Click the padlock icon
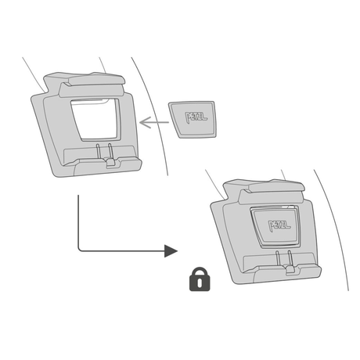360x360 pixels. tap(200, 279)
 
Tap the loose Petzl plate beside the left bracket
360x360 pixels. tap(193, 119)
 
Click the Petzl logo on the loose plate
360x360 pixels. tap(196, 117)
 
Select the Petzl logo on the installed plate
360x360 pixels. tap(279, 225)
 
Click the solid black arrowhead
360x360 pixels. tap(171, 251)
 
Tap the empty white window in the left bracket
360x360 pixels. tap(95, 119)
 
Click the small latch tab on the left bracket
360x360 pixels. tap(110, 162)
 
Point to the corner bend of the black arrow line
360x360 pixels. tap(79, 250)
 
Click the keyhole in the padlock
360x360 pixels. tap(200, 283)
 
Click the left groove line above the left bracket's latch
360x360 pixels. tap(98, 151)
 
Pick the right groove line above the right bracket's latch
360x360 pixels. tap(290, 257)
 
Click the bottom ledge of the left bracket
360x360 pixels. tap(104, 167)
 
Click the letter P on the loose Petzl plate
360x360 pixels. tap(188, 117)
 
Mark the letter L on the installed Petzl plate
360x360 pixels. tap(288, 225)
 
